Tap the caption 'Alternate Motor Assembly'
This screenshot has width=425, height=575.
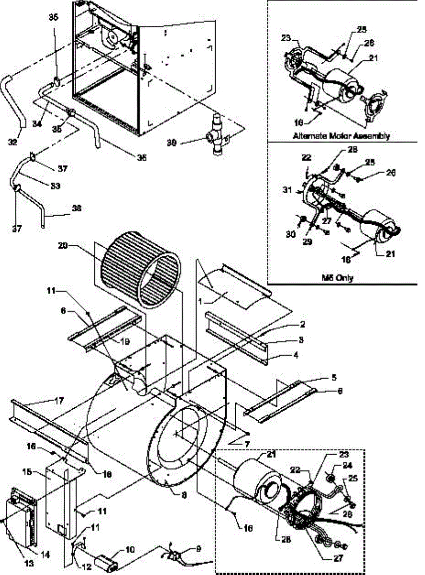click(x=341, y=136)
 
